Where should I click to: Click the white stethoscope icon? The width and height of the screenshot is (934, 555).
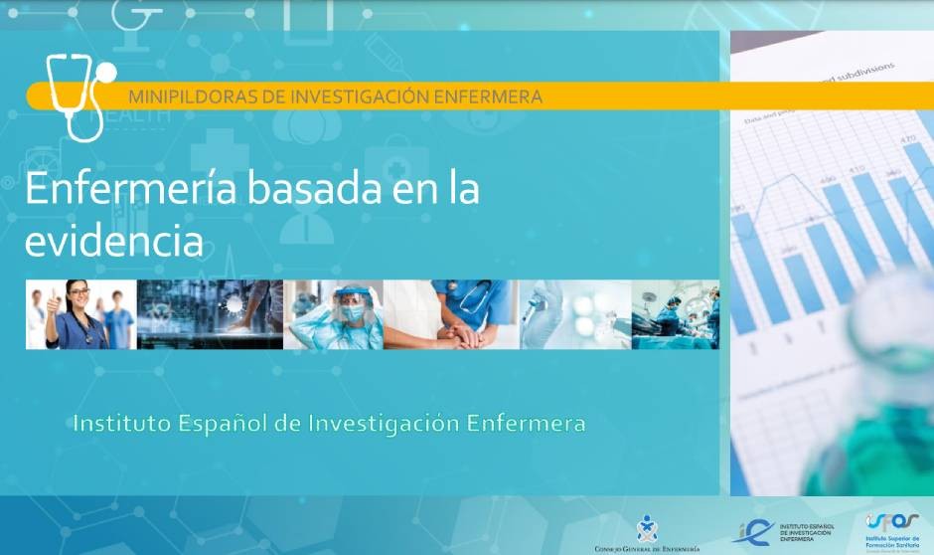click(79, 94)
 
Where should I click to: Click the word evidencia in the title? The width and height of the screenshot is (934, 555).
click(114, 241)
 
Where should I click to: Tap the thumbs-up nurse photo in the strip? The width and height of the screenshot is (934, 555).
click(80, 314)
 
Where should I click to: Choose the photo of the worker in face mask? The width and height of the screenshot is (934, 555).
click(333, 314)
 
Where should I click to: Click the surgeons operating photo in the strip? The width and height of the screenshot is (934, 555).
click(676, 314)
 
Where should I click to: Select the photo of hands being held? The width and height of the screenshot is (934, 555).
click(452, 314)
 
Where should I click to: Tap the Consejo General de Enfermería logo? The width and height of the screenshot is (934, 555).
click(647, 533)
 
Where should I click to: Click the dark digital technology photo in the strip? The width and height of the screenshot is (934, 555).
click(209, 314)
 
